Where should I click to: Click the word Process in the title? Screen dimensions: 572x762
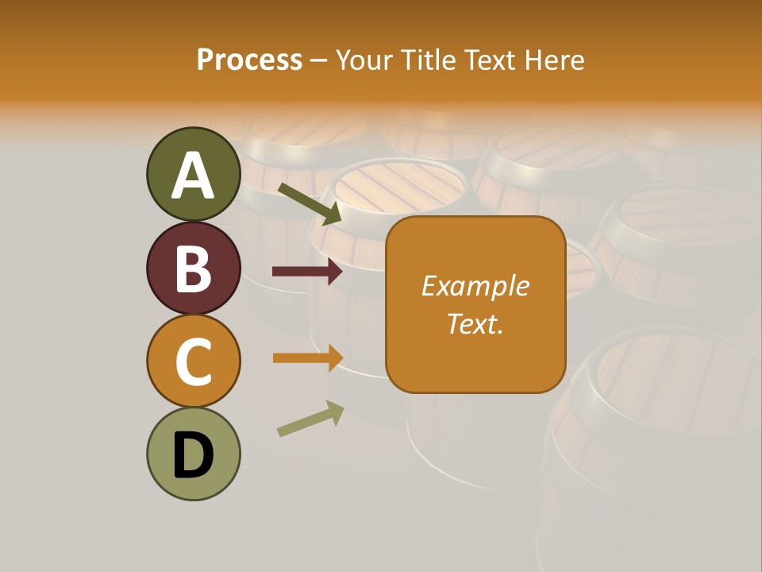point(249,60)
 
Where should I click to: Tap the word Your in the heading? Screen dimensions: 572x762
point(365,60)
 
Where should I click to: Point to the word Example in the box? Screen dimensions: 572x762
point(475,286)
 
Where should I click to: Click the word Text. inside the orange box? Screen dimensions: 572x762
point(475,323)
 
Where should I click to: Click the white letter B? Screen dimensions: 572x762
point(193,269)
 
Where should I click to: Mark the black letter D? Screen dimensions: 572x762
point(193,455)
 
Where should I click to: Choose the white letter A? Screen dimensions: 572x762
point(193,176)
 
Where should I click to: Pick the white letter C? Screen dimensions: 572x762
point(193,361)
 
